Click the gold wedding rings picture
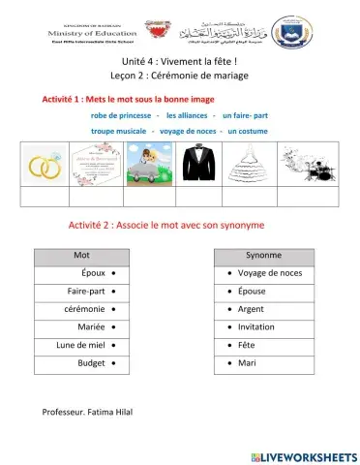[44, 164]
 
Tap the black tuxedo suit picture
[197, 164]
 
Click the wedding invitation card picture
[95, 164]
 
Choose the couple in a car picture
[147, 164]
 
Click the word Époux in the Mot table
[94, 273]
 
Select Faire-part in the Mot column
[85, 291]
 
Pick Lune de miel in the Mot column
[80, 344]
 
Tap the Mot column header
[81, 255]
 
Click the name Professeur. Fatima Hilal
[88, 412]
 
